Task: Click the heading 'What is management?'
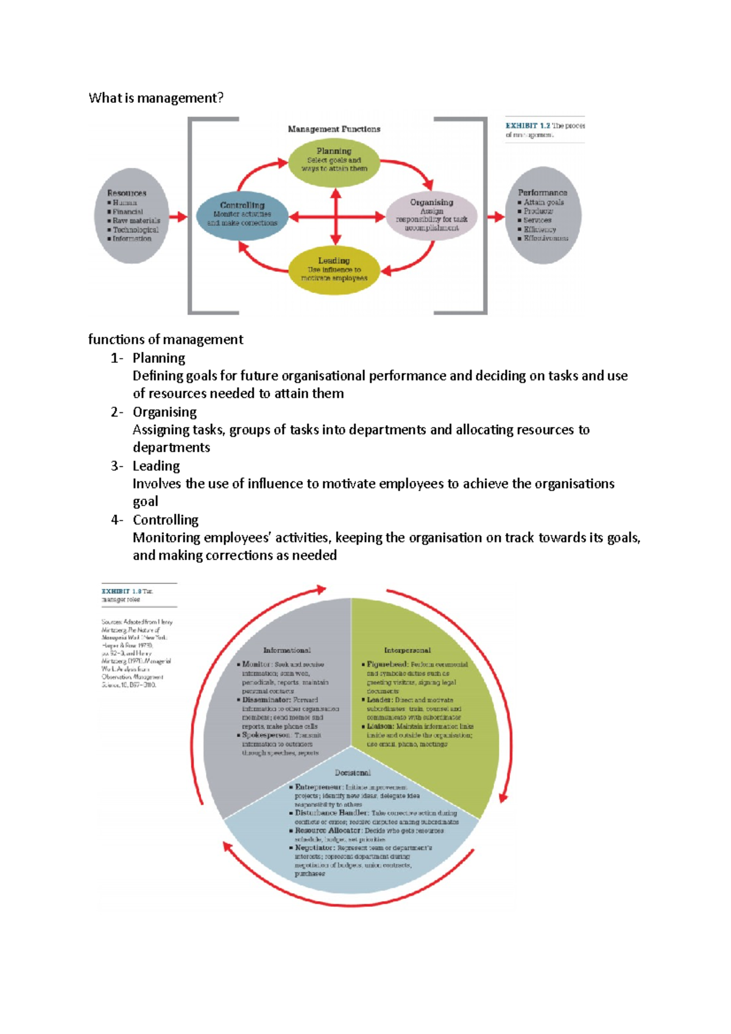pos(156,98)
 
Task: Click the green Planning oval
pos(334,160)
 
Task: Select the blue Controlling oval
pos(242,214)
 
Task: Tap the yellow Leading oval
pos(334,269)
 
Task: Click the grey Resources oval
pos(132,216)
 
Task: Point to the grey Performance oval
pos(542,216)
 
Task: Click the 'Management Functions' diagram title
pos(334,129)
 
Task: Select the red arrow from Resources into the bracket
pos(178,216)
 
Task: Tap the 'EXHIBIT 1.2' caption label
pos(528,126)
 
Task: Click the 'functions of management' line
pos(166,339)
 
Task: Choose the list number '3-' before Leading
pos(117,466)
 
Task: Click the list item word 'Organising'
pos(164,412)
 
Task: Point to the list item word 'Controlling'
pos(166,520)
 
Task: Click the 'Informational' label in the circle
pos(287,650)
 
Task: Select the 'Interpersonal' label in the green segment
pos(407,650)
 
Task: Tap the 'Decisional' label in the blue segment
pos(353,773)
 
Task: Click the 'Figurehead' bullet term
pos(387,664)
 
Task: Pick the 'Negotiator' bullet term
pos(314,848)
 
